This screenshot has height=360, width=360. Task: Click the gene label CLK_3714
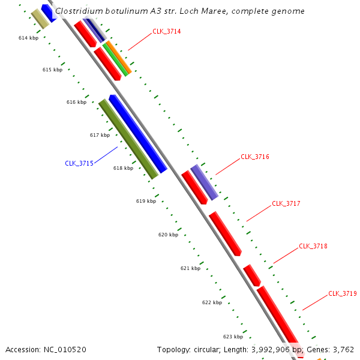166,31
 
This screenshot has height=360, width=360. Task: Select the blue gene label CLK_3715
79,163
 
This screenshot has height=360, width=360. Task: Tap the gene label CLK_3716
255,157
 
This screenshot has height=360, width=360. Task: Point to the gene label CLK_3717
286,204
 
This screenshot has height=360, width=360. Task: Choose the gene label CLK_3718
313,247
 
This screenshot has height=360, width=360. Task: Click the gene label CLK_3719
343,294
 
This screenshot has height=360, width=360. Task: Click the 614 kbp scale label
28,38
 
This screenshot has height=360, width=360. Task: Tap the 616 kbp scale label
76,103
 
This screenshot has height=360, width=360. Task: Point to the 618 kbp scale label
123,169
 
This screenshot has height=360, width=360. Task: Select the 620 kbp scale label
168,235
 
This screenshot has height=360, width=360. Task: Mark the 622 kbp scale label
212,303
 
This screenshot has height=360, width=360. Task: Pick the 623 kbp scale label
233,337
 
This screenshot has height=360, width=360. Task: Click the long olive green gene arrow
128,139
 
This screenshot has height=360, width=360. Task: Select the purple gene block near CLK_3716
204,182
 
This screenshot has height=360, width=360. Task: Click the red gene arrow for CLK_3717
225,233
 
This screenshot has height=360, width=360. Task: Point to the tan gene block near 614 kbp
40,19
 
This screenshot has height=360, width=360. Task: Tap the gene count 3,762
341,349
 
